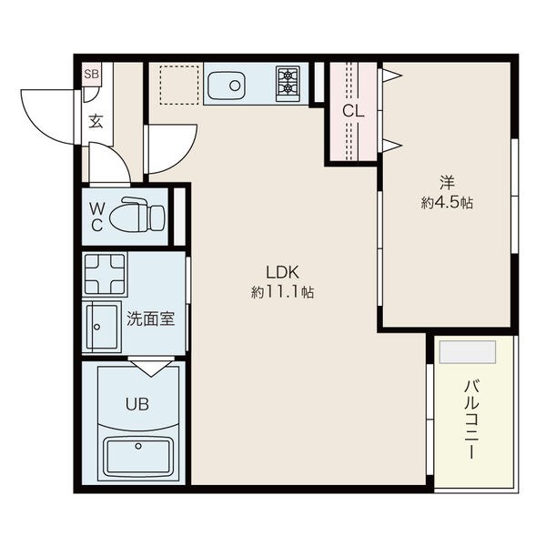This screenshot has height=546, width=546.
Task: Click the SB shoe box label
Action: coord(92,74)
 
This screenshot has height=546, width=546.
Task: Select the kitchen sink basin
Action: coord(227,86)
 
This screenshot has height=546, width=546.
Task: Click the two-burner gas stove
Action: coord(288,84)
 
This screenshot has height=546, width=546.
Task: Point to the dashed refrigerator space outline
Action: coord(179,85)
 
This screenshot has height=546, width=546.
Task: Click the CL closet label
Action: coord(353,111)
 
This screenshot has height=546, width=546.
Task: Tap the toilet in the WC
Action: coord(136,215)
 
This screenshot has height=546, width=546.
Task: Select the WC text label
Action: coord(96,217)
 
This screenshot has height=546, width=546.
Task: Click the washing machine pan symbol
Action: coord(105,274)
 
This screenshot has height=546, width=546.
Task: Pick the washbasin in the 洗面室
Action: coord(101,327)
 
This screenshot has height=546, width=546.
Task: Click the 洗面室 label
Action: coord(150,318)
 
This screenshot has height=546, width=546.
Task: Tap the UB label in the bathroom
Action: coord(137,404)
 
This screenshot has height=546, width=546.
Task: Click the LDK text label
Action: coord(282,272)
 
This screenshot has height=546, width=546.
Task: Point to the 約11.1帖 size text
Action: coord(282,292)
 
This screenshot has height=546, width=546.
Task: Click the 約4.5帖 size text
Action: coord(447,203)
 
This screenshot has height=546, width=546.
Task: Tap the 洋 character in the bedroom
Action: coord(447,183)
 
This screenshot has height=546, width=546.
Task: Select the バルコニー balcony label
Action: coord(472,420)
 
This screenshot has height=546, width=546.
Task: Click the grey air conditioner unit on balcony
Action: coord(468,351)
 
